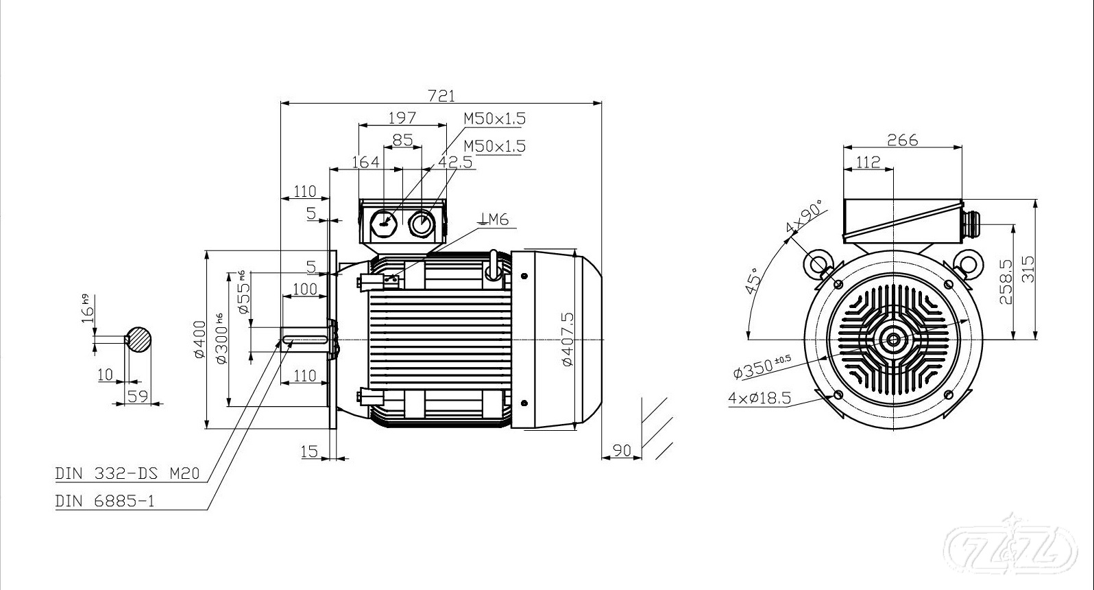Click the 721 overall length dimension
tap(441, 96)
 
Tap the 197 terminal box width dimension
tap(402, 118)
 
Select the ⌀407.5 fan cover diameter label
tap(568, 339)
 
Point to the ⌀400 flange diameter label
tap(200, 340)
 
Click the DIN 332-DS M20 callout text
tap(127, 473)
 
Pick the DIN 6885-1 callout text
tap(104, 501)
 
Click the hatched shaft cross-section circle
tap(138, 340)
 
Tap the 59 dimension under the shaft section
tap(137, 396)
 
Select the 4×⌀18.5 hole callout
tap(759, 398)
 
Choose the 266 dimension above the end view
tap(903, 140)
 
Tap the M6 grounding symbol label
tap(494, 220)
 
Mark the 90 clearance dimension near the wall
tap(622, 450)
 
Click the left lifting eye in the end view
tap(818, 264)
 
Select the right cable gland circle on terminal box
tap(420, 224)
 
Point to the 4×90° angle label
tap(804, 216)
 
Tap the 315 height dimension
tap(1028, 269)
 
